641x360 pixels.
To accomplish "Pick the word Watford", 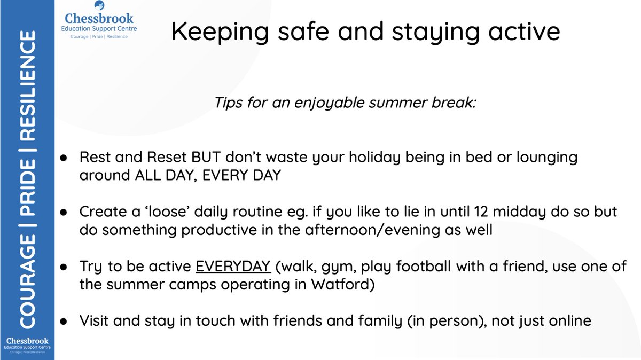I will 341,284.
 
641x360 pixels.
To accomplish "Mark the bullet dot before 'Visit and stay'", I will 63,321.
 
